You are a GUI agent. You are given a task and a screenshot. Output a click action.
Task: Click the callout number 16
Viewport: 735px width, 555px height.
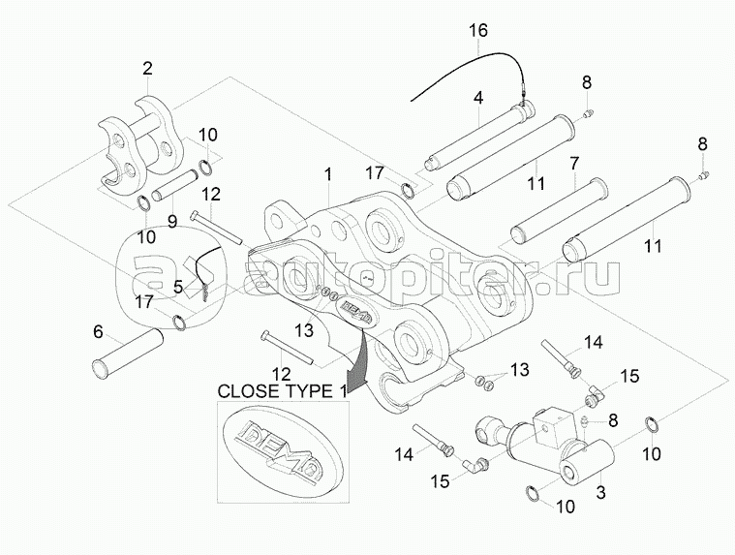coord(478,30)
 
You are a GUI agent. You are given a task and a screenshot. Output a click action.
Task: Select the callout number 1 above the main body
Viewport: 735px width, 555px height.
coord(328,175)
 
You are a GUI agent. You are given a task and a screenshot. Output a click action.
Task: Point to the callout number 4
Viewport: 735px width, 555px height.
coord(478,98)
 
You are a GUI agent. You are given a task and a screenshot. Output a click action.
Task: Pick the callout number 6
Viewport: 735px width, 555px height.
coord(98,331)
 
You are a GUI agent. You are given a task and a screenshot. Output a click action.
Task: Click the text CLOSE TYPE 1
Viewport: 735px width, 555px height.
coord(281,391)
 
